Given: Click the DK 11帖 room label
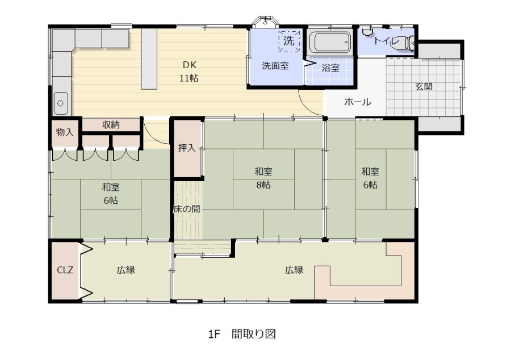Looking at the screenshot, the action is (189, 72).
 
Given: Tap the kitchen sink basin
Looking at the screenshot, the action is (61, 103).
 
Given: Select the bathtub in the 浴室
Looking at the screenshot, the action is (329, 42).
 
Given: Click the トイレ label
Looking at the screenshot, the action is (386, 41).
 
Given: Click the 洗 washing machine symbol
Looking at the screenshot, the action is (289, 41).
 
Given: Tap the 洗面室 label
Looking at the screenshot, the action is (275, 66).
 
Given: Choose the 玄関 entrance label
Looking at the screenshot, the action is (424, 87).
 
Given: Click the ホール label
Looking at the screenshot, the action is (358, 102).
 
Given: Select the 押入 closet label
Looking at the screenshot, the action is (187, 148).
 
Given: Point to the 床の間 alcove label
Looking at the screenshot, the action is (187, 209).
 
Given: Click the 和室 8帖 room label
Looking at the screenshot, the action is (263, 178).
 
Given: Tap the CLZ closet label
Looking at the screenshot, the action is (65, 270).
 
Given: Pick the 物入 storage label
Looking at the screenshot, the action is (65, 132).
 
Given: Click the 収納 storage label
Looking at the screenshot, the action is (111, 124).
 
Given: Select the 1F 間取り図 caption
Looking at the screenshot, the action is (242, 334).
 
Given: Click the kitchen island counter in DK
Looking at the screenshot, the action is (149, 58).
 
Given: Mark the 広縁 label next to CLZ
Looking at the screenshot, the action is (126, 270).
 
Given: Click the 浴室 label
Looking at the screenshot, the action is (330, 68).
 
